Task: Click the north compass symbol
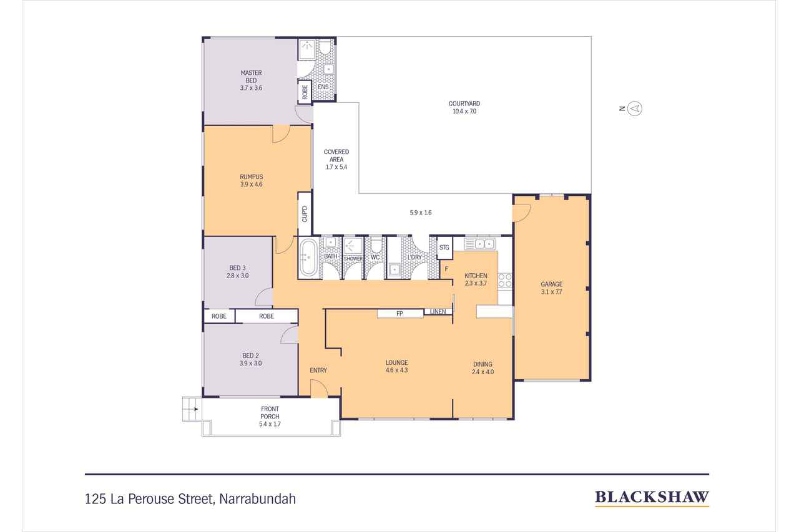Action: pyautogui.click(x=635, y=109)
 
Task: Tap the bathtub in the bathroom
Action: pyautogui.click(x=308, y=258)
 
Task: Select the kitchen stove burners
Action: pyautogui.click(x=505, y=281)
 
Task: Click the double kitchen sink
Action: pyautogui.click(x=479, y=244)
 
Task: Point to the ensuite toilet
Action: pyautogui.click(x=325, y=47)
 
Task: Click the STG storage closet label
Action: pyautogui.click(x=444, y=248)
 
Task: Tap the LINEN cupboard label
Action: pyautogui.click(x=438, y=312)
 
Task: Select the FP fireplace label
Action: pyautogui.click(x=399, y=314)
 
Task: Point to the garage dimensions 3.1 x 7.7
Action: pyautogui.click(x=551, y=292)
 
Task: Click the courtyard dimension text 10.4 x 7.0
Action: pyautogui.click(x=464, y=111)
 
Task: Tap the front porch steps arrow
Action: pyautogui.click(x=195, y=409)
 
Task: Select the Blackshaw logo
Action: pyautogui.click(x=652, y=498)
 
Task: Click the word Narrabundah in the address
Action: pyautogui.click(x=258, y=499)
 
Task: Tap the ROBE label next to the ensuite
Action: pyautogui.click(x=305, y=92)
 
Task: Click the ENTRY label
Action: pyautogui.click(x=318, y=370)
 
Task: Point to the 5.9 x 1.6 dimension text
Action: pyautogui.click(x=421, y=213)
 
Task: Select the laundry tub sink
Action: pyautogui.click(x=394, y=269)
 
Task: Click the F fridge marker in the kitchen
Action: pyautogui.click(x=446, y=269)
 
